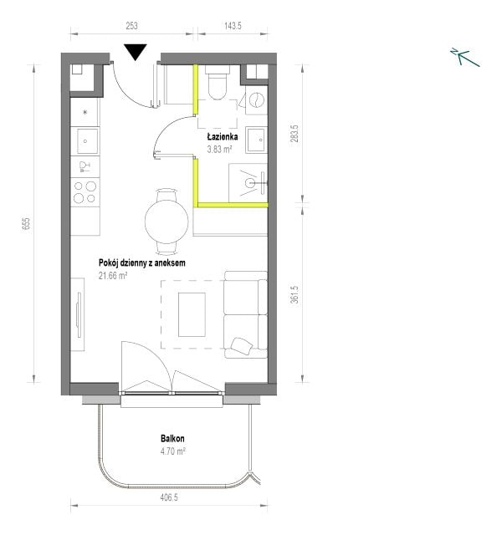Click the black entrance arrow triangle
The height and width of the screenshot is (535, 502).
coord(136,52)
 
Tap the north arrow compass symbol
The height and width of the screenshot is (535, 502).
coord(465,57)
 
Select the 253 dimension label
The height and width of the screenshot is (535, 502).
coord(131,26)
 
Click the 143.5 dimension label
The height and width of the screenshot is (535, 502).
coord(233,26)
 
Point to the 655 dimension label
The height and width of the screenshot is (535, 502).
coord(26,223)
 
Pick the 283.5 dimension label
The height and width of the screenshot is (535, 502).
coord(295,134)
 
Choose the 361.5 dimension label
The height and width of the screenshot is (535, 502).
coord(295,294)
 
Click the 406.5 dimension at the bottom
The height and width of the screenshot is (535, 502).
coord(169,497)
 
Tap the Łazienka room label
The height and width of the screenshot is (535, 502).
coord(223,137)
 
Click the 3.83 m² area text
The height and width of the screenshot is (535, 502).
coord(219,149)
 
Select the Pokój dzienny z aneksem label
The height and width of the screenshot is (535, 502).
coord(142,262)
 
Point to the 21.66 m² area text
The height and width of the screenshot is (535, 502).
coord(113,275)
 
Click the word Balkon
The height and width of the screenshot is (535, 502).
coord(172,438)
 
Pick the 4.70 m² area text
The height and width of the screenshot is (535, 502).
coord(173,451)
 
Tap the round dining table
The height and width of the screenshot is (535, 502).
coord(166,222)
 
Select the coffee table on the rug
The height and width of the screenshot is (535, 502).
coord(192,314)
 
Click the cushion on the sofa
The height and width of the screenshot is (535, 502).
coord(242,346)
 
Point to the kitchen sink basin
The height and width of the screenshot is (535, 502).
coord(85,141)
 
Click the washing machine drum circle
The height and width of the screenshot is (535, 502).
coord(258,100)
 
